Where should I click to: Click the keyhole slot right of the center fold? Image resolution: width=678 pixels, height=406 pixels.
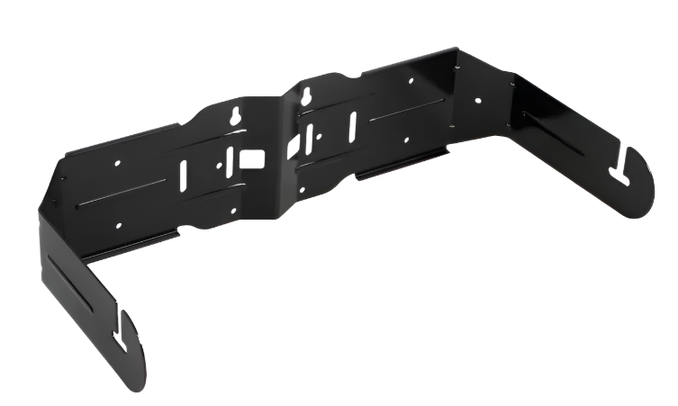coord(307,95)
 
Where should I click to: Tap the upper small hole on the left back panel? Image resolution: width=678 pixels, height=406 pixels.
coord(117,164)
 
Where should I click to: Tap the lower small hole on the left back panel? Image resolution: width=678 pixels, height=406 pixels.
coord(118,226)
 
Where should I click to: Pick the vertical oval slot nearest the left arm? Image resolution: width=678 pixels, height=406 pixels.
coord(183,174)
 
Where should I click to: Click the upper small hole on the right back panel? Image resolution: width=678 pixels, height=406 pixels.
coord(410,81)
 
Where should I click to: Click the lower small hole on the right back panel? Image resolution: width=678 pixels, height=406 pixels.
coord(407,140)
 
